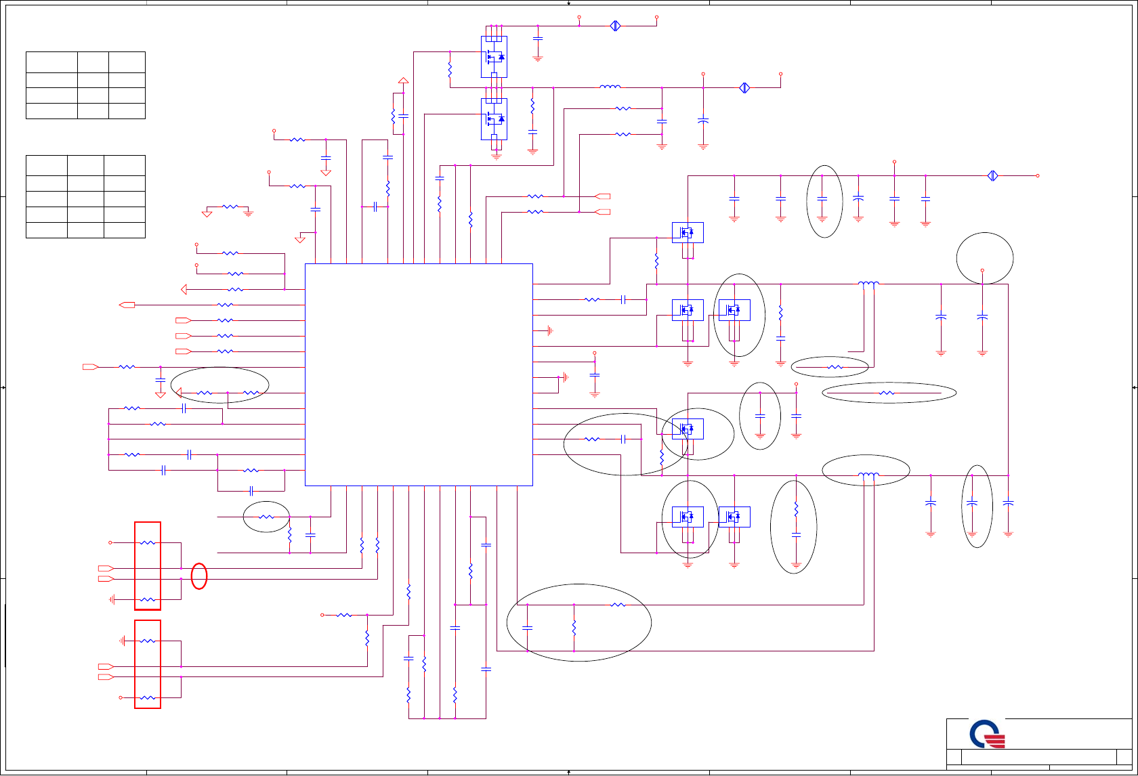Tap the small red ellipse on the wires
199,576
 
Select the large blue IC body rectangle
419,374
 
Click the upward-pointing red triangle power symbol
403,81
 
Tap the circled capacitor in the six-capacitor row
822,198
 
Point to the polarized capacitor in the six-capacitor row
858,198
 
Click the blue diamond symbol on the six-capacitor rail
992,176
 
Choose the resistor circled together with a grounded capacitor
796,509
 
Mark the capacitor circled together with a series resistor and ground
796,535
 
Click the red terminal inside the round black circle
982,270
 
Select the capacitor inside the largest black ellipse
528,628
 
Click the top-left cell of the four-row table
51,62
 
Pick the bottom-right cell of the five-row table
125,230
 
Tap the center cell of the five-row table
85,198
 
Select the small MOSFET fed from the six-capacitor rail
688,233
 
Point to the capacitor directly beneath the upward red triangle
403,116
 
